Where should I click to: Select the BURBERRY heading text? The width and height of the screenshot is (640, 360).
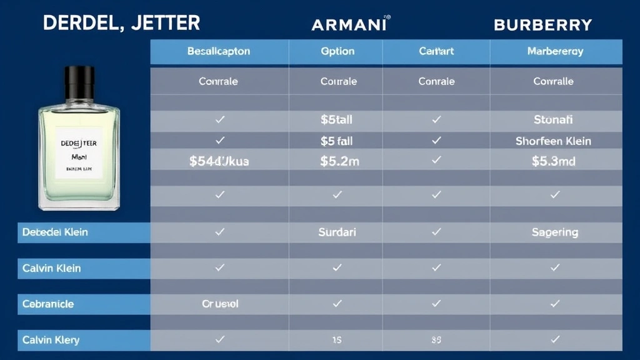[542, 25]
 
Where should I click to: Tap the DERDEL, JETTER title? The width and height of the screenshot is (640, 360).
[121, 23]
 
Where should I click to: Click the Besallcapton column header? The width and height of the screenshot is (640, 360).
[218, 51]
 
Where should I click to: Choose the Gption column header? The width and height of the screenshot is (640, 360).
[337, 51]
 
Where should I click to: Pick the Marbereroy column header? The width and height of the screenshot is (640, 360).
[555, 51]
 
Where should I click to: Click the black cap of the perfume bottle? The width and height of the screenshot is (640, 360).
[79, 83]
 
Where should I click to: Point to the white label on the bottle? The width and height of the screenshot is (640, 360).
[79, 152]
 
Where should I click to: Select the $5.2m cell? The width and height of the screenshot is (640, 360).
[339, 161]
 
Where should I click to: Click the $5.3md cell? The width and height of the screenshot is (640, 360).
[553, 161]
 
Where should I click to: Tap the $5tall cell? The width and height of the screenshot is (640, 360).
[337, 119]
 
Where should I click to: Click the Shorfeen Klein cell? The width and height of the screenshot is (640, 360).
[553, 141]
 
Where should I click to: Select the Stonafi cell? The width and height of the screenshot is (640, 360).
[553, 119]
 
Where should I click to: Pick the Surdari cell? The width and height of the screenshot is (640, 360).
[337, 232]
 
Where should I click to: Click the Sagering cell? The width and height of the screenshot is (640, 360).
[554, 232]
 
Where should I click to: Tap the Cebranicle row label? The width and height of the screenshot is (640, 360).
[48, 304]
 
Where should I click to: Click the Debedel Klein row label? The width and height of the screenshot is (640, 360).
[55, 232]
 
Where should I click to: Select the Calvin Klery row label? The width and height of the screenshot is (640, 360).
[51, 340]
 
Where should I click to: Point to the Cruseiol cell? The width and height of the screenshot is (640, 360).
[220, 304]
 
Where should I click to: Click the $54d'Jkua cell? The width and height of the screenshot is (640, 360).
[219, 161]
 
